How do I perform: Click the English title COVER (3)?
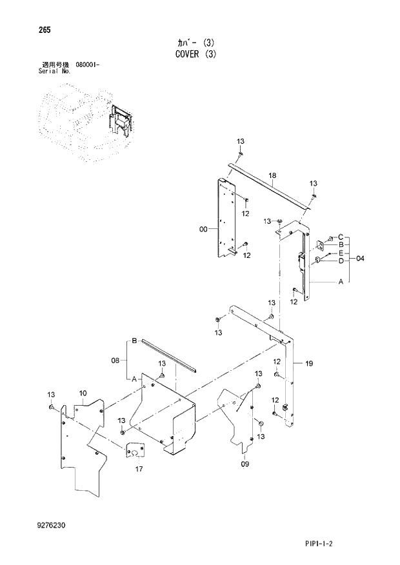pos(198,55)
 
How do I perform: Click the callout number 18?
pos(272,176)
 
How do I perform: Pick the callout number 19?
pos(309,364)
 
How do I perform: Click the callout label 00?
pos(204,228)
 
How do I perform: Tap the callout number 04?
pos(360,259)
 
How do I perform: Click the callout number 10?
pos(83,393)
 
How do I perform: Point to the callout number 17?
pos(139,470)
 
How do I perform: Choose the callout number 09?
pos(245,463)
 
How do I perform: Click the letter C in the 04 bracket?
pos(339,237)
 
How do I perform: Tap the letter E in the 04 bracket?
pos(339,253)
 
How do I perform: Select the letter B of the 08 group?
pos(134,341)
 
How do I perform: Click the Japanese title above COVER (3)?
pos(197,43)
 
